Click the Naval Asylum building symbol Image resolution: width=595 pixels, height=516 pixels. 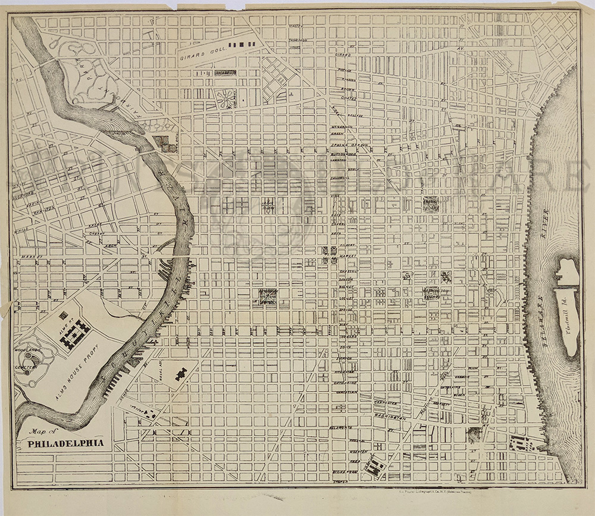point(179,374)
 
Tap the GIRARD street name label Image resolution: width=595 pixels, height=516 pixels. point(343,55)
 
